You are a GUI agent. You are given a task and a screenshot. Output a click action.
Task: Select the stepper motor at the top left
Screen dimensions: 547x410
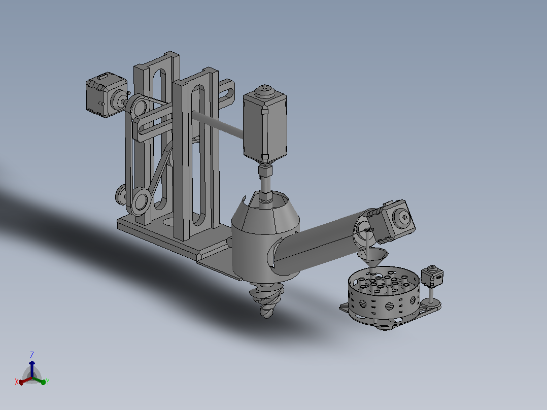pos(107,94)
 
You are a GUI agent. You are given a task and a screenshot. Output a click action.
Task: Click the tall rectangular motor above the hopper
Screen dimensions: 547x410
pos(265,126)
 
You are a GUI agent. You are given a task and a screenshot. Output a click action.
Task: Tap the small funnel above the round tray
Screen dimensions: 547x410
pos(373,257)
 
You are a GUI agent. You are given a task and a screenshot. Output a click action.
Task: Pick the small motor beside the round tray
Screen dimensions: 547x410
pos(432,277)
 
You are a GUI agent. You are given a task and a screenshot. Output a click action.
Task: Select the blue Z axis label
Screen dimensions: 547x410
pos(32,355)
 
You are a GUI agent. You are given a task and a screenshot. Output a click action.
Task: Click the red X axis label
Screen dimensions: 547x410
pos(16,382)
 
